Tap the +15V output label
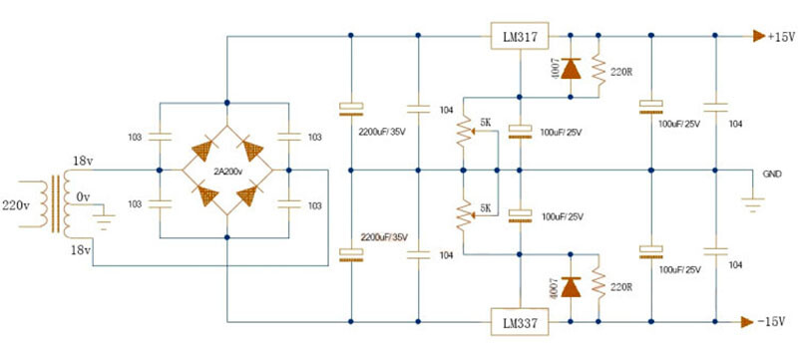point(781,37)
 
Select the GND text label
point(772,173)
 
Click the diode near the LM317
point(571,69)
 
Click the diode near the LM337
point(571,287)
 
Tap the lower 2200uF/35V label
point(383,236)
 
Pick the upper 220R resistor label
point(620,72)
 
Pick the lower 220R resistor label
point(620,287)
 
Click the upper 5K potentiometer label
point(485,123)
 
